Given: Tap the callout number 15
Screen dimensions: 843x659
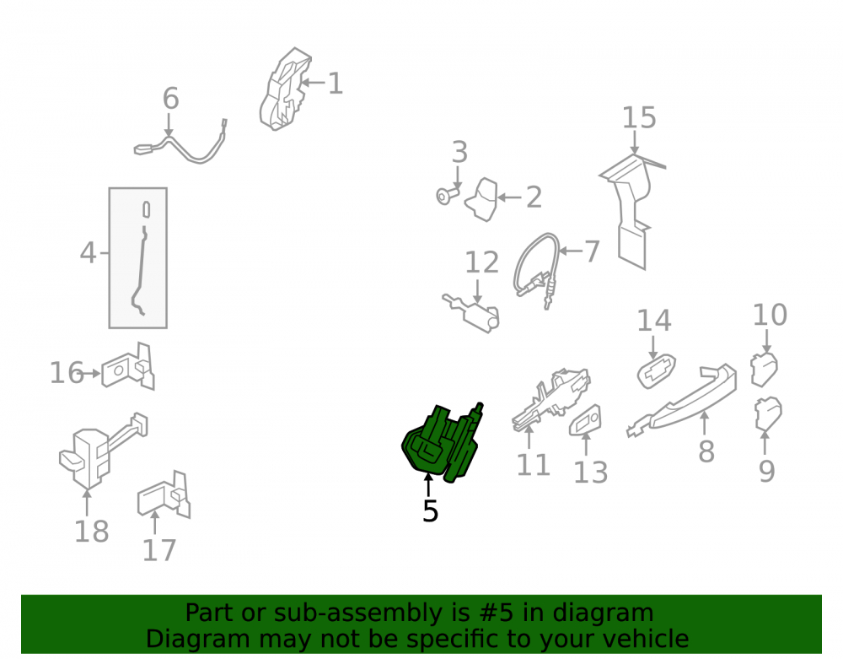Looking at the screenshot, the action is pyautogui.click(x=639, y=118).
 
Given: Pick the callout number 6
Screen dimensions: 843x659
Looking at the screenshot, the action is pyautogui.click(x=170, y=99).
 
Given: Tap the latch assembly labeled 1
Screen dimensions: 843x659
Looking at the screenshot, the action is pyautogui.click(x=284, y=89).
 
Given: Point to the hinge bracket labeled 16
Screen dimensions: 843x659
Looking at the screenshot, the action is pyautogui.click(x=129, y=367).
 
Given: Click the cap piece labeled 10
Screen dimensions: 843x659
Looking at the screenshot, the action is pyautogui.click(x=764, y=369).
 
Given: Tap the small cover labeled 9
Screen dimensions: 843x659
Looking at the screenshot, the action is pyautogui.click(x=768, y=414).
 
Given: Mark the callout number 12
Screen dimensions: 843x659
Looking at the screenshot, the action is pyautogui.click(x=481, y=262).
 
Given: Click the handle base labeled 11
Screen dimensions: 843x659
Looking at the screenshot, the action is pyautogui.click(x=551, y=399).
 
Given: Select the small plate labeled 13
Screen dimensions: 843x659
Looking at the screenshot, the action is pyautogui.click(x=586, y=421).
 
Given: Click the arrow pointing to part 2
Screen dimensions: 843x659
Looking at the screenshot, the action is pyautogui.click(x=509, y=197).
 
